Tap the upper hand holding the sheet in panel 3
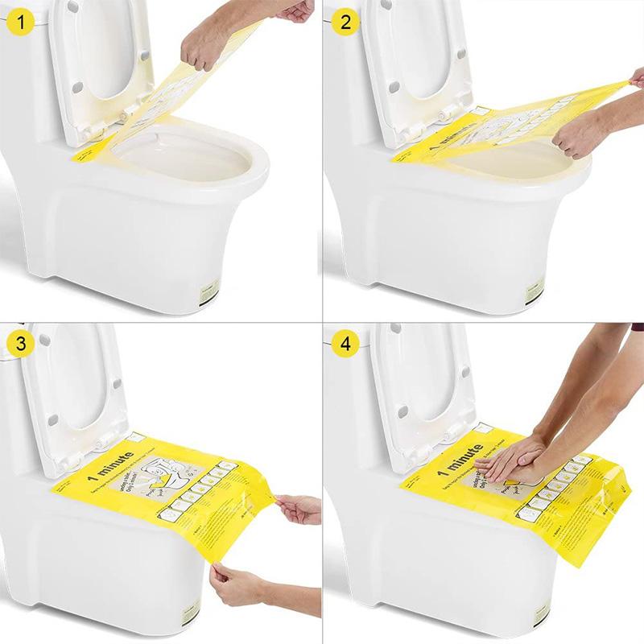(299, 508)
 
